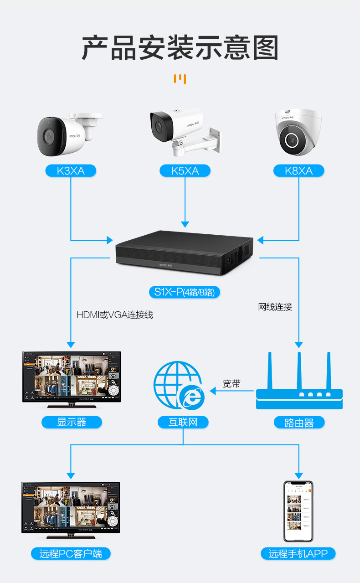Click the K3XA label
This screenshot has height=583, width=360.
pos(71,171)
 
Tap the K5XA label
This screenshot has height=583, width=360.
pos(185,171)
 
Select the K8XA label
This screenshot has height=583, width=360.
pos(298,171)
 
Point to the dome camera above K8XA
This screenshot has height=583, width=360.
pos(298,133)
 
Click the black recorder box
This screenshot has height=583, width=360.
pos(184,254)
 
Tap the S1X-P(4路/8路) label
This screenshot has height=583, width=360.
pos(184,292)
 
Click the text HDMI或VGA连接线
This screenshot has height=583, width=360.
pos(115,315)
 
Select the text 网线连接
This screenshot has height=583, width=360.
pos(275,307)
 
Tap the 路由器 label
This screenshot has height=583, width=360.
pos(299,423)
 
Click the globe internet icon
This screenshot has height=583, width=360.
pos(179,385)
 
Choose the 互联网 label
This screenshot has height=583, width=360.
pos(183,422)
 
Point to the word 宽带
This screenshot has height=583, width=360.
pos(231,384)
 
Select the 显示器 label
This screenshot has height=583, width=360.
pos(72,422)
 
